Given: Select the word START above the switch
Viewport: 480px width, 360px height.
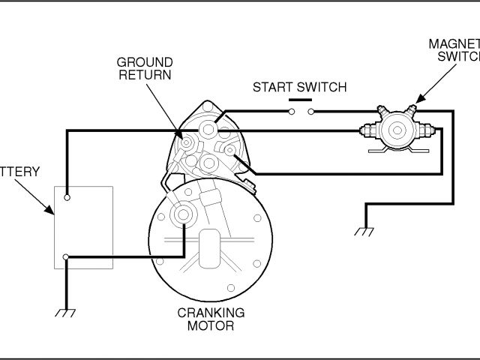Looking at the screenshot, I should (x=271, y=87).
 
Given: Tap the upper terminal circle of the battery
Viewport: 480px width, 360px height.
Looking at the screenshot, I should (x=67, y=198).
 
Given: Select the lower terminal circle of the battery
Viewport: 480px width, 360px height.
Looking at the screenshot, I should (x=67, y=258).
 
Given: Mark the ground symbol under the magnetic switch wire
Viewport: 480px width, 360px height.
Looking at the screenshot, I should (x=364, y=232).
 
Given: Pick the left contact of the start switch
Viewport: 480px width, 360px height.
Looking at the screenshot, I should (x=291, y=113).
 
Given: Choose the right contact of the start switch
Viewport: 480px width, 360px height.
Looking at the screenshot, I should (x=310, y=113).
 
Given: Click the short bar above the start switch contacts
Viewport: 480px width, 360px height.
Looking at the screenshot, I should (x=300, y=100).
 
